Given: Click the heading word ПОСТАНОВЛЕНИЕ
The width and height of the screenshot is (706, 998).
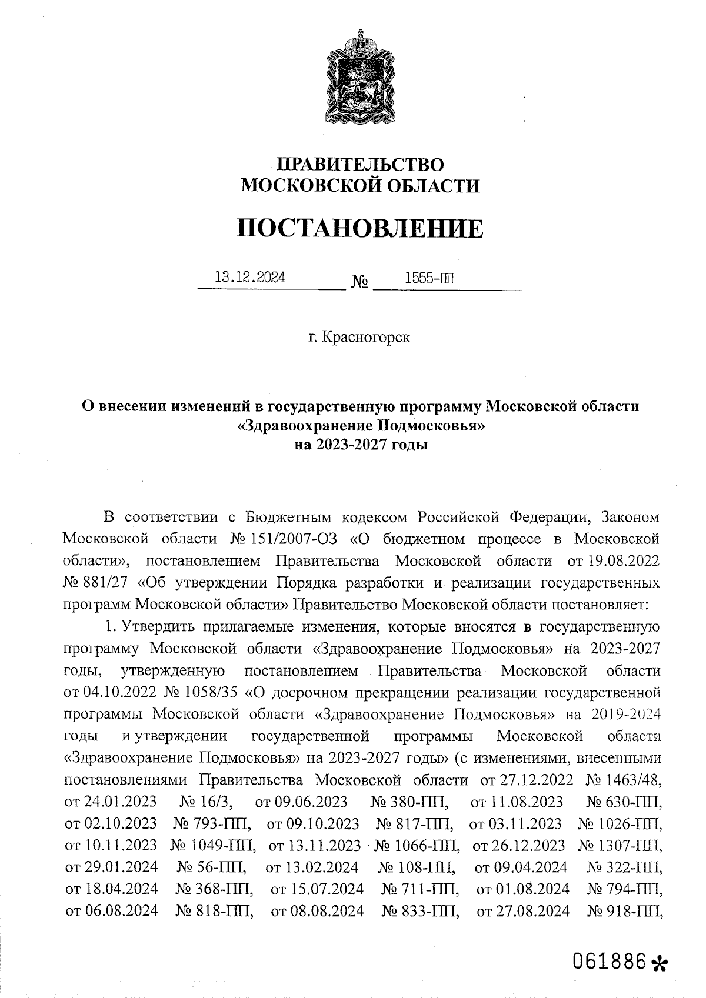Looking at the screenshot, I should (x=360, y=228).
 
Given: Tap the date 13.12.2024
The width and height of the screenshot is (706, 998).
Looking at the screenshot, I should (x=251, y=278).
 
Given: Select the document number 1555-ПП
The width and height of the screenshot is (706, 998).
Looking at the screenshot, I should (x=429, y=278).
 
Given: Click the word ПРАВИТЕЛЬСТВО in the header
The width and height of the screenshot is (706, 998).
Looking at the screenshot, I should (x=360, y=164).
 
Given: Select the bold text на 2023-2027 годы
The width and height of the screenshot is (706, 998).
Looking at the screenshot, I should (x=360, y=445).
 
